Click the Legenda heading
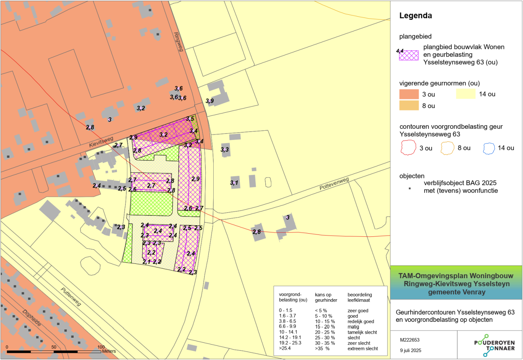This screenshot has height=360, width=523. point(415,16)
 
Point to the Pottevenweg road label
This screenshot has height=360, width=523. point(334,184)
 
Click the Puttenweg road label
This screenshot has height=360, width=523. point(71,296)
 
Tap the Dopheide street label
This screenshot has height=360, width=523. point(31,318)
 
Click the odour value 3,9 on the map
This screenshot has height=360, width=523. point(210,101)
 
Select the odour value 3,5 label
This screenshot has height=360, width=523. point(190,119)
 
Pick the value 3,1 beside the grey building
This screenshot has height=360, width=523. point(234,183)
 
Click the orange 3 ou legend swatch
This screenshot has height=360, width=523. point(409,94)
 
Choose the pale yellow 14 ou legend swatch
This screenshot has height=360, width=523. point(465,94)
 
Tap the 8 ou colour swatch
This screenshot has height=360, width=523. point(409,106)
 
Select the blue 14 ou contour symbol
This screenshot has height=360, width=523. point(489,148)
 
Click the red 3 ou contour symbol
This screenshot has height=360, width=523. point(408,148)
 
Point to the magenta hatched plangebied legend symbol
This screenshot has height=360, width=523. point(409,55)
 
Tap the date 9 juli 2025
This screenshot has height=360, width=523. point(411,350)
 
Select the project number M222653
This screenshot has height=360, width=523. point(409,340)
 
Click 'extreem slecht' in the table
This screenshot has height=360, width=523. point(363,348)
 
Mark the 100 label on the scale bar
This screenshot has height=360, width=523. point(101,347)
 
